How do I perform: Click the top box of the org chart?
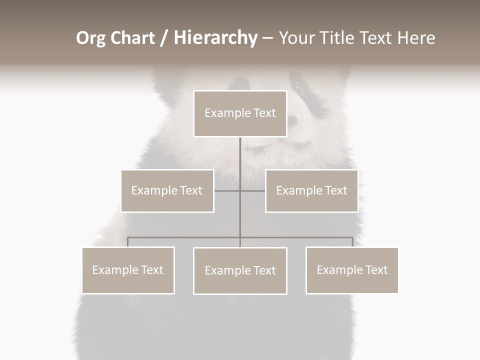(240, 113)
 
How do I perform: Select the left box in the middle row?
(167, 190)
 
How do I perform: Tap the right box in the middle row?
(311, 190)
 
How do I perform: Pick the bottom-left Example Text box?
(128, 270)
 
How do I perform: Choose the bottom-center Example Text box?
(240, 270)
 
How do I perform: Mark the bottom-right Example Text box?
(352, 270)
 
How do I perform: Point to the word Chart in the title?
(132, 38)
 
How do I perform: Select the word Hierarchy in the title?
(215, 38)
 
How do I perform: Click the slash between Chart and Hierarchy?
(164, 38)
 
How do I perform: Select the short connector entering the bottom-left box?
(128, 242)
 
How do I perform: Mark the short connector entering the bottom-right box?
(352, 242)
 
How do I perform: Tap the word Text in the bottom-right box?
(376, 270)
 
